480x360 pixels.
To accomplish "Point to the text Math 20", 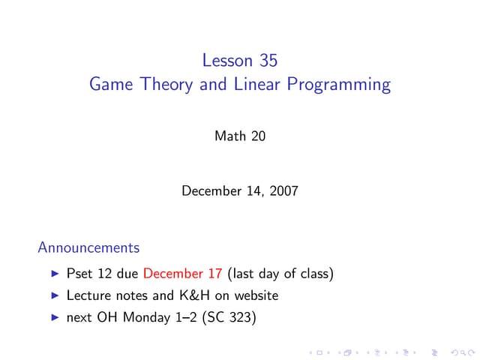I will tap(240, 136).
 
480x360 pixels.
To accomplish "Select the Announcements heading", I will tap(88, 247).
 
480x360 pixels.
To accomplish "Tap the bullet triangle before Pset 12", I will tap(55, 274).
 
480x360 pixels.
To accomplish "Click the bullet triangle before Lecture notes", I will tap(55, 296).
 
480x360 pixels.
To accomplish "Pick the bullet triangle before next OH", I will tap(55, 318).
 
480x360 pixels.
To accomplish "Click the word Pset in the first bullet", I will tap(79, 274).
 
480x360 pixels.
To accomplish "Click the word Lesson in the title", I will tap(227, 58).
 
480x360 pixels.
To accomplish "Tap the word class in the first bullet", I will tap(311, 274).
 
